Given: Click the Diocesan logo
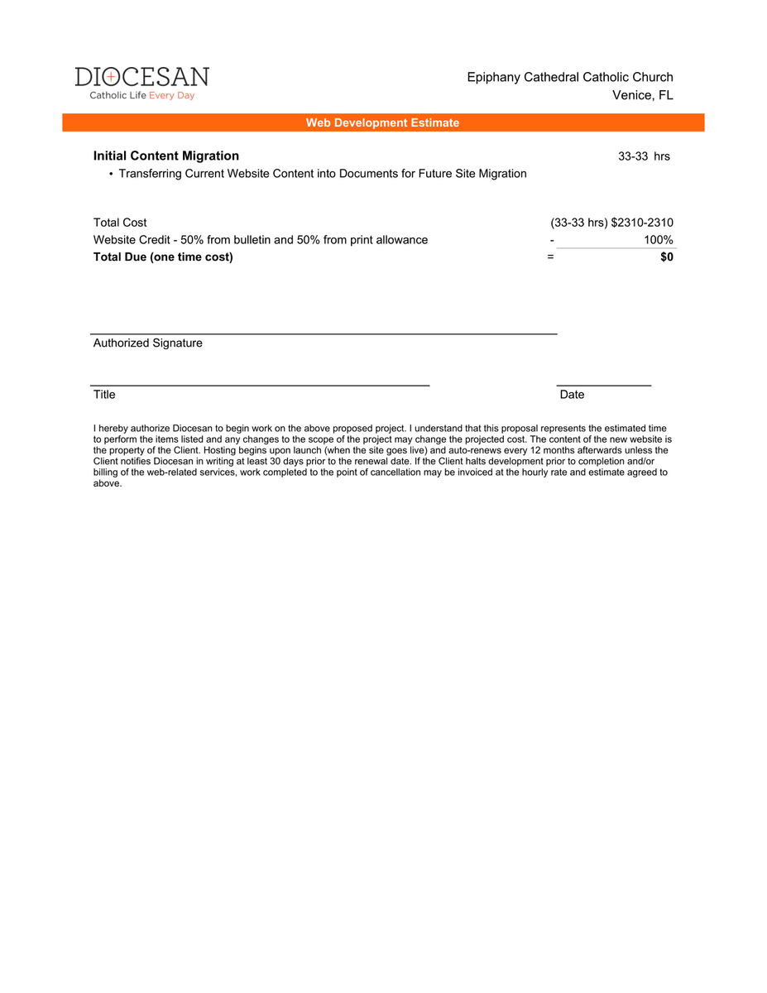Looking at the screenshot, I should pos(141,78).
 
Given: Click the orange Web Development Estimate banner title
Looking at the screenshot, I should pos(382,122).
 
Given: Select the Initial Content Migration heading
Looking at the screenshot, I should pos(166,156).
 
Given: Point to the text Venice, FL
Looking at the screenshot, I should pos(642,95).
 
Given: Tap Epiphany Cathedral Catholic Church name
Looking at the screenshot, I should pos(570,77).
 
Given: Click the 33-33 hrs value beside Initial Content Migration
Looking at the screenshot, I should pos(644,156).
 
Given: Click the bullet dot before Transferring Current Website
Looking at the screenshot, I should pos(111,174).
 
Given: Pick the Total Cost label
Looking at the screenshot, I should pos(120,223).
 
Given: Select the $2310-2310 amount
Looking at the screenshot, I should pos(642,223).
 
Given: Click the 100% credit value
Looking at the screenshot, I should pos(659,240).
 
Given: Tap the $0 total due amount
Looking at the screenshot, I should pos(666,257).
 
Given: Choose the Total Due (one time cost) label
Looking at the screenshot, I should pos(163,257).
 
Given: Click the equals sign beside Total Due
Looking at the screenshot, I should pos(550,257).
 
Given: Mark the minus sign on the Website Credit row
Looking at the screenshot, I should pos(551,240).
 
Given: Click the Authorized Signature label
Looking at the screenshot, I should pos(147,343).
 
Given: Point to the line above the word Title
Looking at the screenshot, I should pos(260,386).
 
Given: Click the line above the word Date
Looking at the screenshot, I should pos(604,386).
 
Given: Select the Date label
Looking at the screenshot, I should pos(572,395).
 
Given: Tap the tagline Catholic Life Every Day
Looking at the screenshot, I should pos(141,96).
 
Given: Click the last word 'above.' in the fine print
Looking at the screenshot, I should pos(108,484).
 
